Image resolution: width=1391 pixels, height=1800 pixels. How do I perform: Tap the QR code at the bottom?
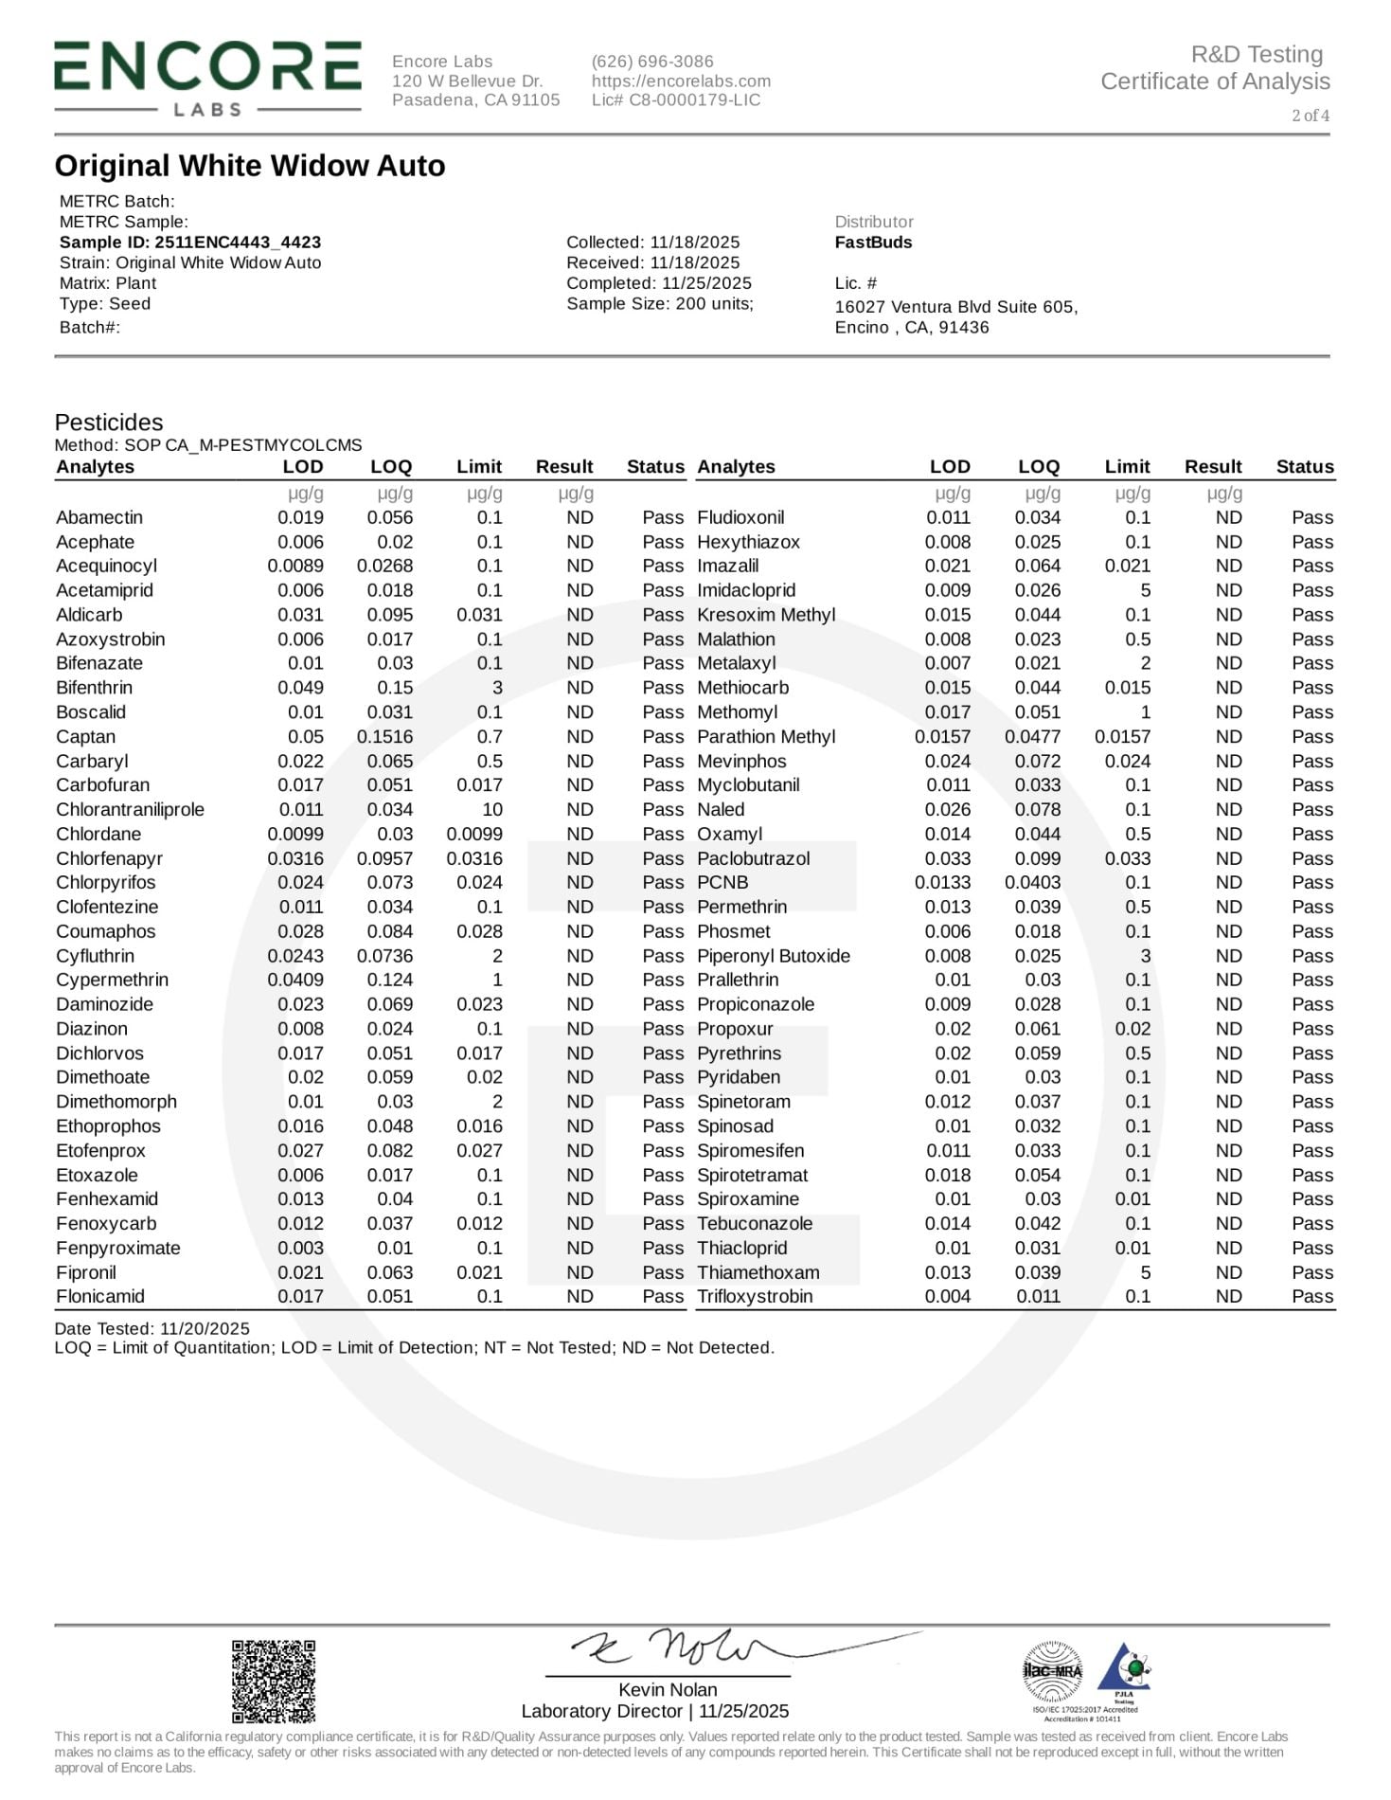(274, 1681)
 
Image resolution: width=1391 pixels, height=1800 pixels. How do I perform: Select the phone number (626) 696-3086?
(652, 62)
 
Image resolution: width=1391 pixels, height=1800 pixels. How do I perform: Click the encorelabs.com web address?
(681, 81)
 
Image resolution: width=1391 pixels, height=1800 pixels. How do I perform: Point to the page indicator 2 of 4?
(1311, 116)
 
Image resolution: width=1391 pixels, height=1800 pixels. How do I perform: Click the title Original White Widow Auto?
(250, 166)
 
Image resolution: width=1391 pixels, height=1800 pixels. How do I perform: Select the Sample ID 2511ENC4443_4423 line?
(189, 243)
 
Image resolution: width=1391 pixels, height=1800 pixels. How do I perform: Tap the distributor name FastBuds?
(873, 243)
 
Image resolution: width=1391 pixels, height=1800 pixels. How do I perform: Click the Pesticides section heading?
(109, 423)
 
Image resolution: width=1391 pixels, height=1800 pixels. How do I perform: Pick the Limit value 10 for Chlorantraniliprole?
(491, 810)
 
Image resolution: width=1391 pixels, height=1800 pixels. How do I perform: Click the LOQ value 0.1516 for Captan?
(384, 737)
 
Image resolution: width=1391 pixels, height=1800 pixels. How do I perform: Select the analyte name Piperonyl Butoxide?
(774, 956)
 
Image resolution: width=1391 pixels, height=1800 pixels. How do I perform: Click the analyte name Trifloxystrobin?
(755, 1297)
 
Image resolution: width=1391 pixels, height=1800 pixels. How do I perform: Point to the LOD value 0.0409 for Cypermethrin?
(295, 981)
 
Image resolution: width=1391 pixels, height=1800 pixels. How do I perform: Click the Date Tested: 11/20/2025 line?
(152, 1329)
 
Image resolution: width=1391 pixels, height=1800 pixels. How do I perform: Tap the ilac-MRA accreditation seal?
(1052, 1671)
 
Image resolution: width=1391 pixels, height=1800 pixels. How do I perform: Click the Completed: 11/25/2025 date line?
(659, 283)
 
